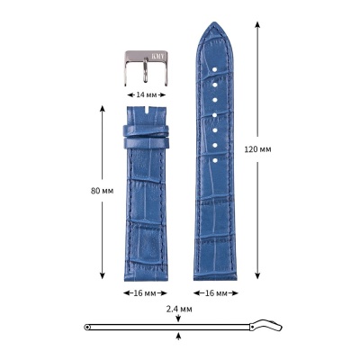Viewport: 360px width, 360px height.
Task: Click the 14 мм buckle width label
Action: coord(147,94)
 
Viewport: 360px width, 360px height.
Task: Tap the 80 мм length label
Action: coord(102,191)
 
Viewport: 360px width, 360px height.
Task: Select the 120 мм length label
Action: coord(257,149)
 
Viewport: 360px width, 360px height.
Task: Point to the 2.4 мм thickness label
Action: coord(179,309)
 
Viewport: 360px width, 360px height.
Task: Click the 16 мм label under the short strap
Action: coord(145,293)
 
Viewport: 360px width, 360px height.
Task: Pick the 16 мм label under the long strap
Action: coord(216,293)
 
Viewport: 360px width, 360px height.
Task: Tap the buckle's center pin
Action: coord(145,70)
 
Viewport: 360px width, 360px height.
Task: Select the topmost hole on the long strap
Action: coord(215,69)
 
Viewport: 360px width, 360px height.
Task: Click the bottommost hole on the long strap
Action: coord(215,161)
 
